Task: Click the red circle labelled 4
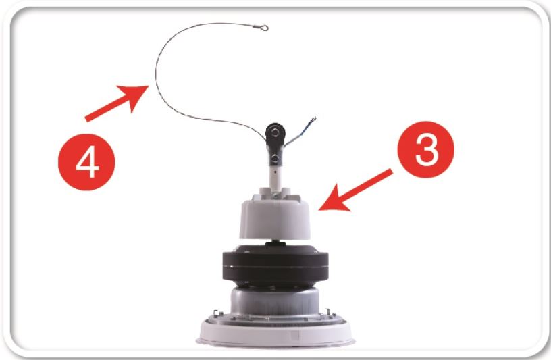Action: [x=86, y=162]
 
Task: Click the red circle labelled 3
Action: [x=426, y=150]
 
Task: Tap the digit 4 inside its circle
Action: [x=87, y=162]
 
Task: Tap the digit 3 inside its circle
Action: [x=427, y=150]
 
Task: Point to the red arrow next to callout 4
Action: [x=117, y=103]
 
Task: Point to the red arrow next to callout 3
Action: [x=356, y=190]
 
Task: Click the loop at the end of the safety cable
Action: [x=264, y=28]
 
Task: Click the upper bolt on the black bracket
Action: [x=276, y=132]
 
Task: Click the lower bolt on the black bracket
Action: [x=275, y=159]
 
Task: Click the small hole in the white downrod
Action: [x=275, y=172]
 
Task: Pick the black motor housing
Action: [x=275, y=266]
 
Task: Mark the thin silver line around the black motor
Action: [x=275, y=267]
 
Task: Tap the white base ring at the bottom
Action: [x=275, y=332]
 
